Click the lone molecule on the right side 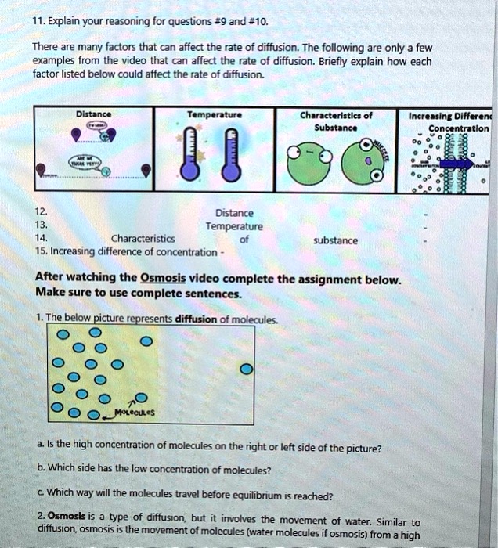pyautogui.click(x=246, y=369)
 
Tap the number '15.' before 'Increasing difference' pyautogui.click(x=42, y=252)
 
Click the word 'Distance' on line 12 pyautogui.click(x=234, y=213)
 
